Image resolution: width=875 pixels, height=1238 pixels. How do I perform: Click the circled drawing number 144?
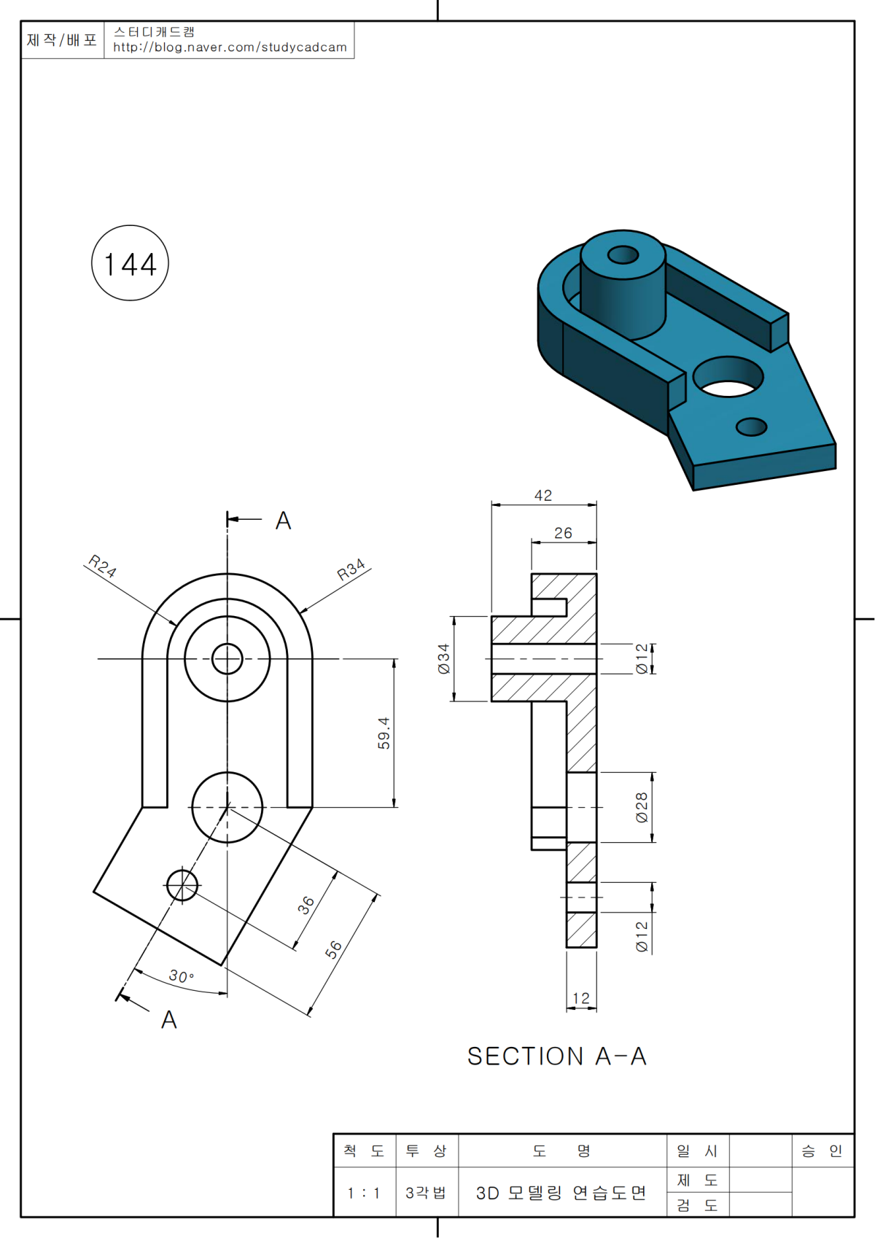pos(130,263)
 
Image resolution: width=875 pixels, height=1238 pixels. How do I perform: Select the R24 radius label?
pos(102,566)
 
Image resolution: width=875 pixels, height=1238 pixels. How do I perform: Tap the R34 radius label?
pos(351,569)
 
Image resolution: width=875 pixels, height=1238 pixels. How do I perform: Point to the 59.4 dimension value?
pos(384,733)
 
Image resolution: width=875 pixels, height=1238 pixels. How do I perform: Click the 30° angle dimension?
pos(181,976)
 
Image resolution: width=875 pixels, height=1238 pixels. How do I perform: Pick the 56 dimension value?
pos(333,949)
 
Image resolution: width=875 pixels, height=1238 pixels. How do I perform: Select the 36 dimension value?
pos(306,905)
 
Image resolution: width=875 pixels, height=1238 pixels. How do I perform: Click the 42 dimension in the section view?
pos(543,496)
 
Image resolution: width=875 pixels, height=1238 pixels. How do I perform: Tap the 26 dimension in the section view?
pos(563,533)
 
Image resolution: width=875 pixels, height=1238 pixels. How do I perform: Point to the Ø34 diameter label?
pos(444,658)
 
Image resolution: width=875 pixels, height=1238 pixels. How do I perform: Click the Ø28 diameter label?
pos(642,807)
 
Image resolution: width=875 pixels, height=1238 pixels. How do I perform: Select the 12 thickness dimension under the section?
pos(581,997)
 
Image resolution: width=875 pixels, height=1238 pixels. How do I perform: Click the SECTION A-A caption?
pos(557,1056)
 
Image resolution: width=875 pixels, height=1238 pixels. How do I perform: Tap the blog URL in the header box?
pos(230,47)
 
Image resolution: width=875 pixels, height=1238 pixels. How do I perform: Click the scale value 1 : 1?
pos(364,1193)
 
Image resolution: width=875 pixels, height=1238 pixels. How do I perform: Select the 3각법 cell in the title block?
pos(426,1193)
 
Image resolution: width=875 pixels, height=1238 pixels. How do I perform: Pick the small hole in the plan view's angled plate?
pos(182,885)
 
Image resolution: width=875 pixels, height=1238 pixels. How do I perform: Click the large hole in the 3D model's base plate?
pos(728,377)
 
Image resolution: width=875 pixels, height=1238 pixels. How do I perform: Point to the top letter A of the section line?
pos(283,521)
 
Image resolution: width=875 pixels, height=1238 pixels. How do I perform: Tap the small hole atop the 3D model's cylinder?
pos(623,254)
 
